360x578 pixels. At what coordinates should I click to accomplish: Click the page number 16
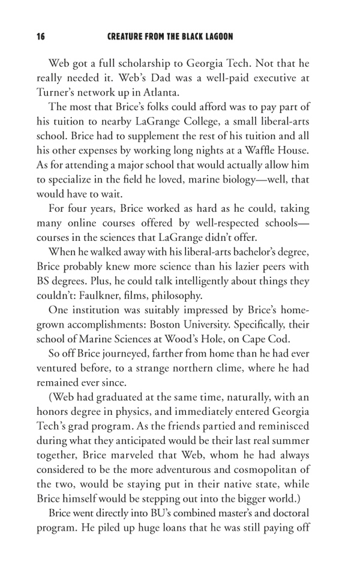point(40,37)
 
